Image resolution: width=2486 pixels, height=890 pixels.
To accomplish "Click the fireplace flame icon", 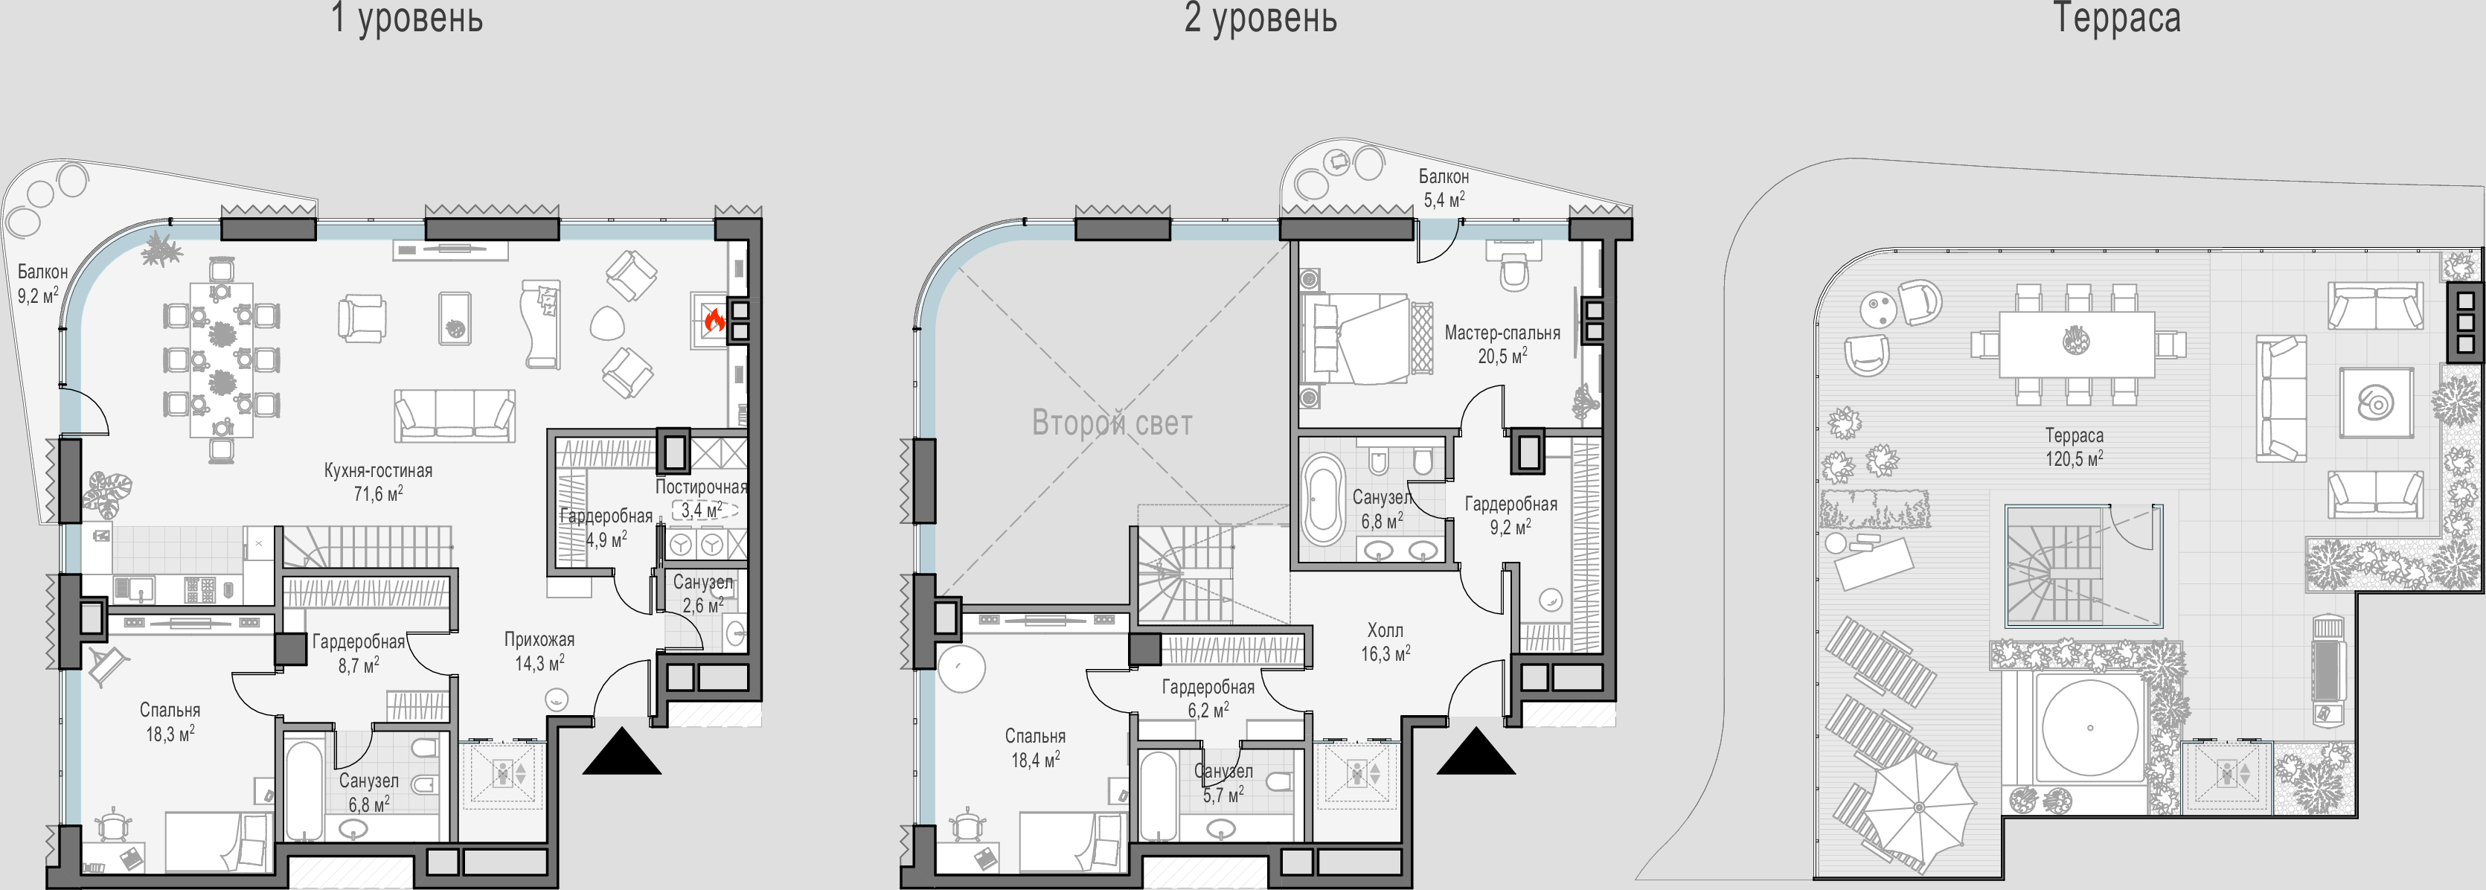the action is (x=714, y=319).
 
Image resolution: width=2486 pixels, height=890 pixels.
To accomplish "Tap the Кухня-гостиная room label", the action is (x=378, y=471).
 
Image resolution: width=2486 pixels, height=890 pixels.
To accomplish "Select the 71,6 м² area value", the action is (x=378, y=494).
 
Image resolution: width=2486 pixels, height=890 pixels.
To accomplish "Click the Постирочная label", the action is (x=701, y=487).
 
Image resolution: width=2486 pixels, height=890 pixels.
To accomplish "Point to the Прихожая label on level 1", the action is (x=539, y=639).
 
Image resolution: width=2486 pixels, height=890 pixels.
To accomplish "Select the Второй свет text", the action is (x=1112, y=423).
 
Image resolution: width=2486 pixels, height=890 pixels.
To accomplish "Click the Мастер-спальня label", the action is (x=1502, y=333).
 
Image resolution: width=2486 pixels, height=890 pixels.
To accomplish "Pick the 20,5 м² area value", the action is (x=1502, y=356).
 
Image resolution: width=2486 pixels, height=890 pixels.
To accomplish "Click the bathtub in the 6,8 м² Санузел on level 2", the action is (x=1322, y=500).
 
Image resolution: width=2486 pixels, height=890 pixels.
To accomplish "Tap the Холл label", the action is (x=1385, y=630).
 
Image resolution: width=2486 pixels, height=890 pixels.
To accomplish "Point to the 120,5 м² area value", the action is (x=2074, y=459).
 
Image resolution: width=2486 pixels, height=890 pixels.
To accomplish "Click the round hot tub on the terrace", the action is (x=2090, y=728).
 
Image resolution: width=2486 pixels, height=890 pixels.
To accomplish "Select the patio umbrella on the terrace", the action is (x=1918, y=807).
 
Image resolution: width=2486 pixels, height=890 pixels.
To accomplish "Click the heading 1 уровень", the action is (x=406, y=19).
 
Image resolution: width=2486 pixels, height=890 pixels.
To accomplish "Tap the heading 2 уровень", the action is (x=1260, y=19).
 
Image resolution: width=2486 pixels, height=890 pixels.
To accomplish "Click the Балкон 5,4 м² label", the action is (x=1444, y=188).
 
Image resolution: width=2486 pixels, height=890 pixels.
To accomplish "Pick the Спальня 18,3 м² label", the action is (x=171, y=722).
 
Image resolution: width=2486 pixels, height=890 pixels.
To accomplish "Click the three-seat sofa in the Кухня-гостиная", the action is (x=455, y=415).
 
